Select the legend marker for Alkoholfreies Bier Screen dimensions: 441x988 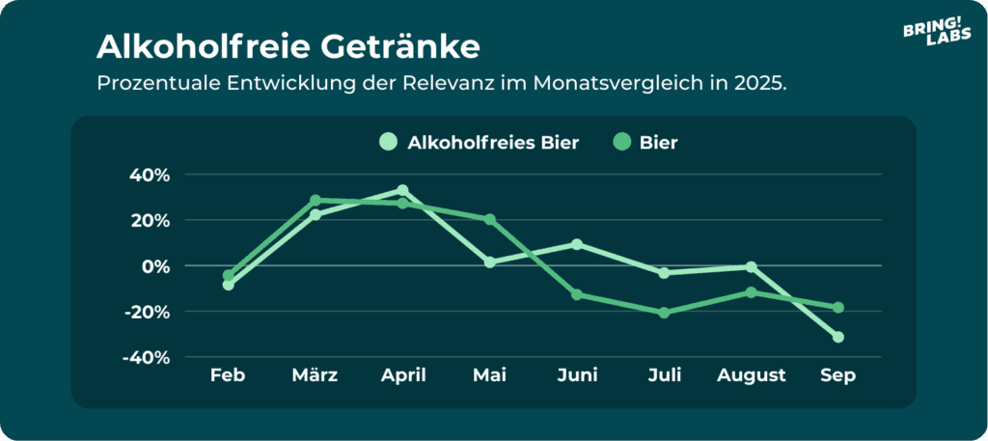[388, 142]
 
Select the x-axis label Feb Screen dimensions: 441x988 [228, 375]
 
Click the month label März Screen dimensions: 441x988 [315, 375]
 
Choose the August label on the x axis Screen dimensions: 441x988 [751, 375]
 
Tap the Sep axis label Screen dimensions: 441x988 [837, 375]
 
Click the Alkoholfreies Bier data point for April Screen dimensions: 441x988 [402, 190]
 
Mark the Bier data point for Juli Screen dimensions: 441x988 [664, 313]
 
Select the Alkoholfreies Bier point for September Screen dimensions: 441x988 [838, 337]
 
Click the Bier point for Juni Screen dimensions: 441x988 [577, 294]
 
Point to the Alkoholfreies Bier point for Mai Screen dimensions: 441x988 [490, 262]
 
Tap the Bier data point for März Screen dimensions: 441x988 [316, 201]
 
